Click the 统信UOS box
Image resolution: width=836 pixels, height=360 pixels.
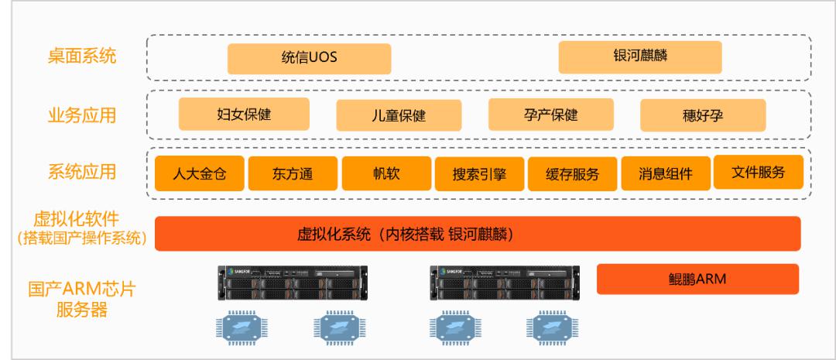(x=309, y=59)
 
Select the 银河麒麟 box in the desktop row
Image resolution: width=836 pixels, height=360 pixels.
(x=639, y=57)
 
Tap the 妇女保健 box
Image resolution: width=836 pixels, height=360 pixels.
(x=244, y=114)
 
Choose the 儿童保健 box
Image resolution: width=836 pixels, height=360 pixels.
(x=392, y=116)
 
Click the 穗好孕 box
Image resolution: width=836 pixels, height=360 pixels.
(x=702, y=116)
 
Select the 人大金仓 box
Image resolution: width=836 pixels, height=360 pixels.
(x=199, y=173)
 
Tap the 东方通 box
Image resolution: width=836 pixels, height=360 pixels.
(x=293, y=173)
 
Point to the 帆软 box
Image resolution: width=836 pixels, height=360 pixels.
(x=385, y=173)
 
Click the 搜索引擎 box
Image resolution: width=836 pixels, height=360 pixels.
(x=479, y=174)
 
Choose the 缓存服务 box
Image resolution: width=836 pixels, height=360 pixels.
(x=573, y=174)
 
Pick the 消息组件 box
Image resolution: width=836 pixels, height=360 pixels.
(x=666, y=174)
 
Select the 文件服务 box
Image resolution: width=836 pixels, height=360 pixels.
(x=758, y=172)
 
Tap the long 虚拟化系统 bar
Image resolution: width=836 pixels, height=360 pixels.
(x=477, y=234)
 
